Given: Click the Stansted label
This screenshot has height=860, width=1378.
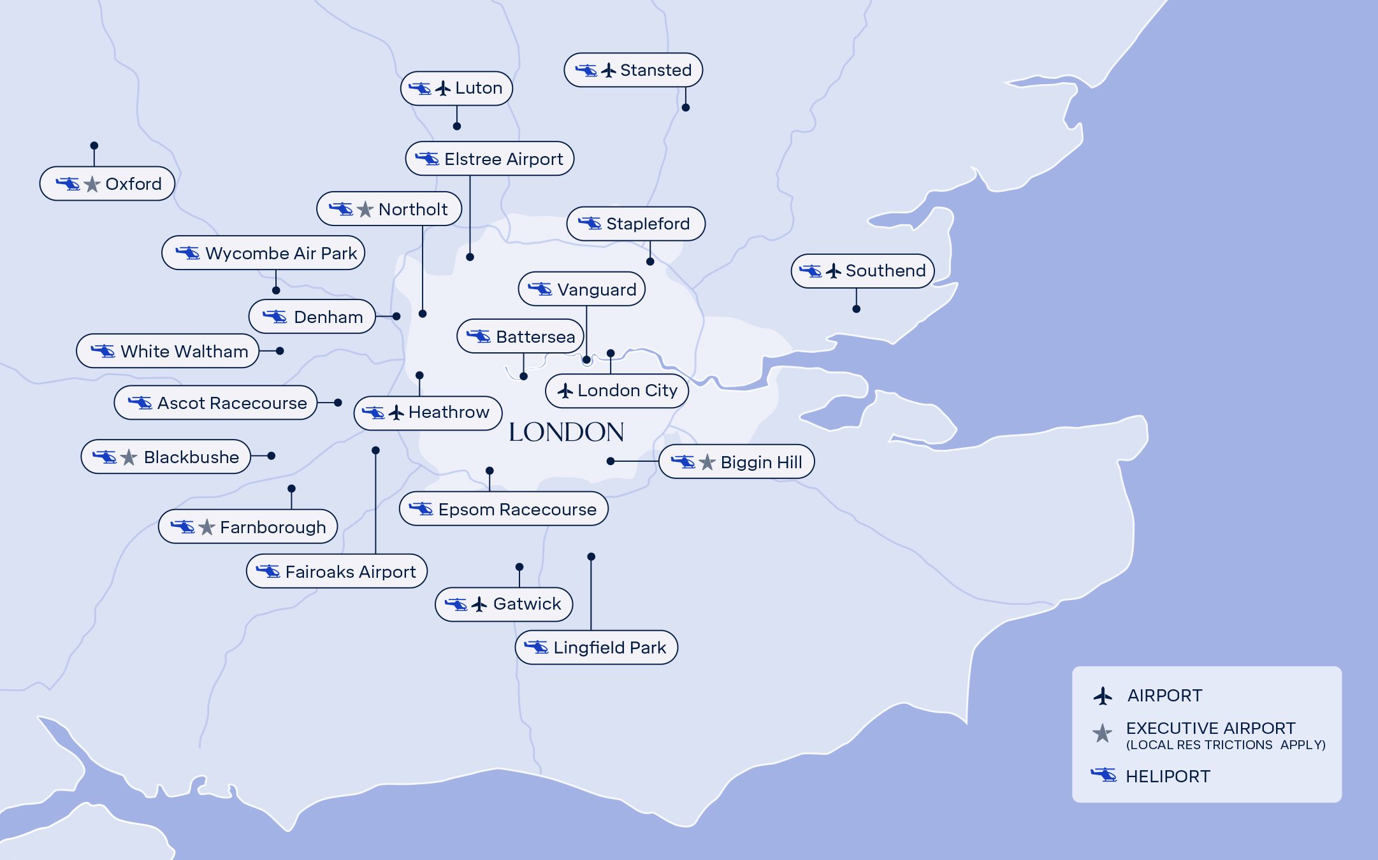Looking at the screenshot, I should click(633, 70).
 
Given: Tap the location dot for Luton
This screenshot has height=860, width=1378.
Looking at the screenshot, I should click(457, 126).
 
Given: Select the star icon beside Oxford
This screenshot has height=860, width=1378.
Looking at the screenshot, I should click(92, 185).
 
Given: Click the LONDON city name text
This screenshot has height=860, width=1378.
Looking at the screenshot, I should click(566, 432).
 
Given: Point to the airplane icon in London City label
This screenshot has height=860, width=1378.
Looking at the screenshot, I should click(565, 391).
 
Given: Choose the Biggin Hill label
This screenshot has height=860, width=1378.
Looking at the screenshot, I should click(736, 462).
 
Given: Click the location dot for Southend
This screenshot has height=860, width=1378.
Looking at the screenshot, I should click(856, 309).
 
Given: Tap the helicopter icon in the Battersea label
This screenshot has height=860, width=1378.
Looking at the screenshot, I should click(479, 336).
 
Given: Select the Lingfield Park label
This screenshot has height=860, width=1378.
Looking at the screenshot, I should click(596, 647).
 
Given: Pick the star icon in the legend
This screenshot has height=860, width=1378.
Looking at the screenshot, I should click(1103, 733).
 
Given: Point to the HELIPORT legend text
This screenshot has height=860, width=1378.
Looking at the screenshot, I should click(1167, 777).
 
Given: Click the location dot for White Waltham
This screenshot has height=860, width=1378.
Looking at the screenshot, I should click(280, 351).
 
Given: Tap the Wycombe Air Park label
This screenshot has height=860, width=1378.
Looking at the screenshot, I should click(263, 253).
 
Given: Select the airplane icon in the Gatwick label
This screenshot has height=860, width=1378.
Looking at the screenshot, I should click(479, 605).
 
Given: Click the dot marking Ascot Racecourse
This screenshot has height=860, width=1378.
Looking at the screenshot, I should click(338, 403).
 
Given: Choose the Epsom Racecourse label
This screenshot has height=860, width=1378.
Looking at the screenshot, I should click(504, 509).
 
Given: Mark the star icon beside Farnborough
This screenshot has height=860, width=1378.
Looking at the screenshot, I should click(207, 527).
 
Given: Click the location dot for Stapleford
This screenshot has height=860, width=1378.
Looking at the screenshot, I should click(650, 262).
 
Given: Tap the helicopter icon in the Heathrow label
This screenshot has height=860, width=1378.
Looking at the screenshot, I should click(374, 413).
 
